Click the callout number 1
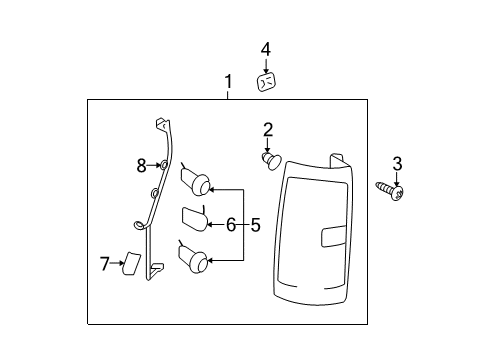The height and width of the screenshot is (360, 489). point(228,81)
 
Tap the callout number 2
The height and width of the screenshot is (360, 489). point(268,130)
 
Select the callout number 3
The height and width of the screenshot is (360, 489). point(397,164)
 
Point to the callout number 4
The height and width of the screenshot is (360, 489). point(266,50)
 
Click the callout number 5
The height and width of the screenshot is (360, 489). point(255,225)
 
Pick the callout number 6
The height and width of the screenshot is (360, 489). point(231,224)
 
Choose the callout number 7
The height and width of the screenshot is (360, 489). point(105,264)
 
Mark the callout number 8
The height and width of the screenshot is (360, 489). point(141,166)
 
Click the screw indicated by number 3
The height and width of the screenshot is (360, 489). point(390,191)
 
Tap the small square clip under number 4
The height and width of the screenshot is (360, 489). point(267,82)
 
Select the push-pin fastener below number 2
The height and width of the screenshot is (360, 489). point(272,160)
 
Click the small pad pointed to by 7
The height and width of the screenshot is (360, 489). point(132,264)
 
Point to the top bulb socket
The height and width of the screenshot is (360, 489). point(196,181)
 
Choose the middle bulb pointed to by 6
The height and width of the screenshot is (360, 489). point(195,219)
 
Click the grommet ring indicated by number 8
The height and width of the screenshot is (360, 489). point(164,165)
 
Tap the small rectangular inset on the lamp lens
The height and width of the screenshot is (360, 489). point(334,236)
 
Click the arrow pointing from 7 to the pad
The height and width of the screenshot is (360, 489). point(117,263)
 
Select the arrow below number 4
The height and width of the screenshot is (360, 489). point(266,66)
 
